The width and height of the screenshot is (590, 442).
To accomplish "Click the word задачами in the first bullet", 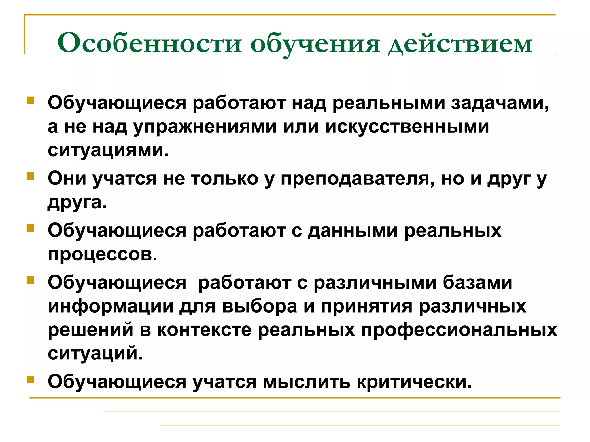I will coord(500,103).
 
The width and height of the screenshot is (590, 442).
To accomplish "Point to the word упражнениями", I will coord(205,127).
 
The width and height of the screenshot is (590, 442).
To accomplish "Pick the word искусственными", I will coord(407,126).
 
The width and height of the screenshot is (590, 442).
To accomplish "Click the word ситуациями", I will coord(108,150).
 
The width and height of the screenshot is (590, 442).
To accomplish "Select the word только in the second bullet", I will coord(225,178).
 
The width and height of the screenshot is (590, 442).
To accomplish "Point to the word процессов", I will coord(103,254).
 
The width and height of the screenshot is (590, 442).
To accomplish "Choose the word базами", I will coord(477,283).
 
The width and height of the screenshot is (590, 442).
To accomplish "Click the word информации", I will coord(111,306).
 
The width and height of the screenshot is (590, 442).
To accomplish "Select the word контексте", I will coord(204,330).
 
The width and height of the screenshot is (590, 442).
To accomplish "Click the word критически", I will coord(414,382).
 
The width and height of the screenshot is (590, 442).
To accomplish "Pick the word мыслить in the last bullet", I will coord(307,382).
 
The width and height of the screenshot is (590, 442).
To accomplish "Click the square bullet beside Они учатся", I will coord(30,176).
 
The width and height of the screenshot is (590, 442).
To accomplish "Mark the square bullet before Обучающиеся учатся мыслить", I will coord(30,379).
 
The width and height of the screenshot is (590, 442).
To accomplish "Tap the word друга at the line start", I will coord(77,203).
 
